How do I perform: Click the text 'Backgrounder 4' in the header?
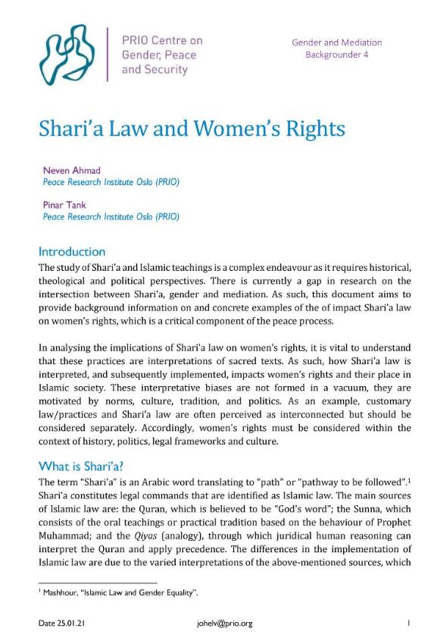pyautogui.click(x=336, y=55)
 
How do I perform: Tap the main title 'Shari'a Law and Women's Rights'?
pyautogui.click(x=192, y=128)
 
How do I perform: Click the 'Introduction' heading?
pyautogui.click(x=72, y=251)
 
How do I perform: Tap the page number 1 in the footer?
pyautogui.click(x=407, y=624)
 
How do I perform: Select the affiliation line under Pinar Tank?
pyautogui.click(x=111, y=217)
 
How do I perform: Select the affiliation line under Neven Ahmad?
pyautogui.click(x=111, y=183)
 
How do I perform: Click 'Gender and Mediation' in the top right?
pyautogui.click(x=336, y=42)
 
